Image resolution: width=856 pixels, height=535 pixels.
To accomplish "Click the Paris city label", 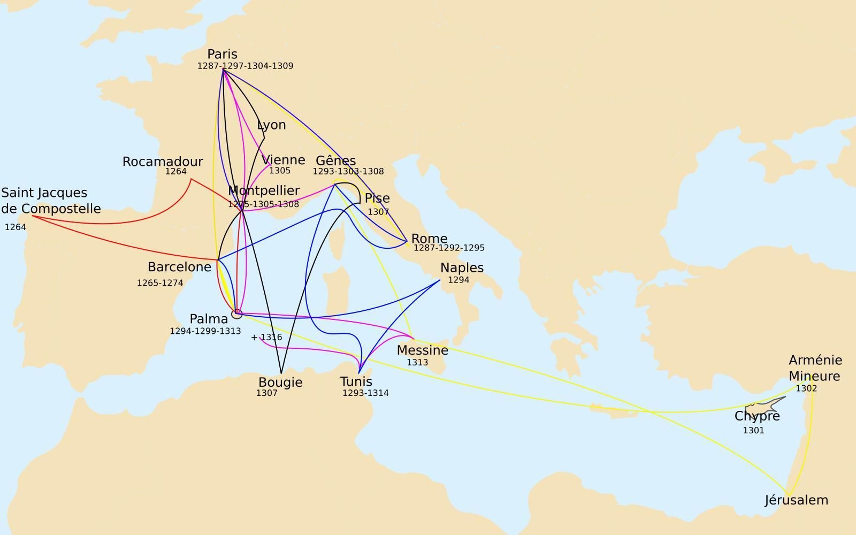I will tap(222, 54).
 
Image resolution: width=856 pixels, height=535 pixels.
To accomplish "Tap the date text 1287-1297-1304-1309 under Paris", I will tap(245, 66).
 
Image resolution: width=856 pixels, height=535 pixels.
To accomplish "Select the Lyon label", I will tap(271, 125).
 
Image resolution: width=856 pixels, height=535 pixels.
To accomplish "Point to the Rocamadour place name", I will tap(163, 162).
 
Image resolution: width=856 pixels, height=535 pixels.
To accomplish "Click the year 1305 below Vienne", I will tap(279, 171).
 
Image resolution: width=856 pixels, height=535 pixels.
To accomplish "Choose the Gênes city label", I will tap(335, 160).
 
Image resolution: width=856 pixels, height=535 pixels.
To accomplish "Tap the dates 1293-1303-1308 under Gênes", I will tap(348, 171).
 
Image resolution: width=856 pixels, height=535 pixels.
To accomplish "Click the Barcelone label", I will tap(179, 267).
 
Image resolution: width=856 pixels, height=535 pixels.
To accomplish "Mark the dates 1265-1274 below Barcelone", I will tap(160, 282).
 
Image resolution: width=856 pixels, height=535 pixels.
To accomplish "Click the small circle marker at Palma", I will tap(236, 314).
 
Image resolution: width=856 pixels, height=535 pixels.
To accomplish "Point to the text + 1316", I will tap(266, 337).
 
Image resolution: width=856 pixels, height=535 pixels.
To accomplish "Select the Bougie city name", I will tap(280, 383).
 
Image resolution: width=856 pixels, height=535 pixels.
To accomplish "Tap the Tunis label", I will tap(356, 381).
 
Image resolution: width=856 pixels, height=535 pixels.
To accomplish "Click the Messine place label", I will tap(423, 350).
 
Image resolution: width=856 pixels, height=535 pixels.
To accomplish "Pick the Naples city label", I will tap(462, 267).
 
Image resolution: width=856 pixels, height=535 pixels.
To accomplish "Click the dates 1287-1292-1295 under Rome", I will tap(449, 248).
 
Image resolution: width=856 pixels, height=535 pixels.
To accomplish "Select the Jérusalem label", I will tap(796, 500).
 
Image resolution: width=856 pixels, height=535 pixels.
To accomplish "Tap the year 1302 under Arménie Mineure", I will tap(806, 388).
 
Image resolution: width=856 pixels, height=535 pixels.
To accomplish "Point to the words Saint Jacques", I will tap(44, 193).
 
